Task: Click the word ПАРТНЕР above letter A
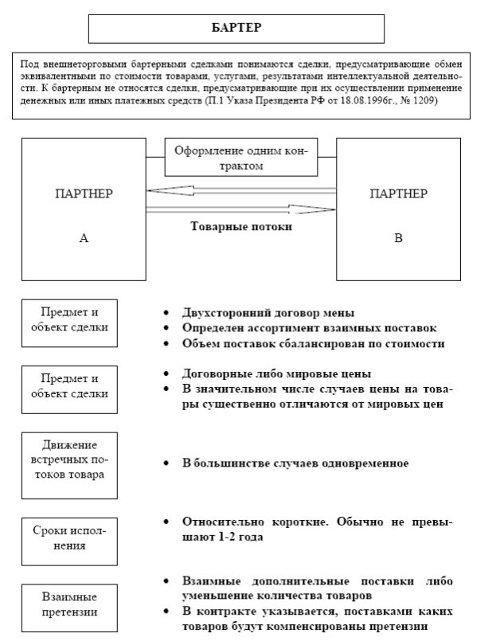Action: [x=83, y=193]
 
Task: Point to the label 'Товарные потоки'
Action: [x=241, y=226]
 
